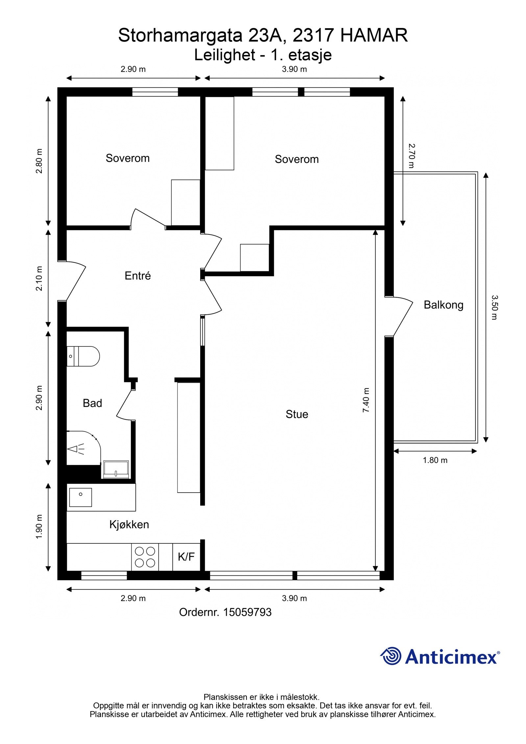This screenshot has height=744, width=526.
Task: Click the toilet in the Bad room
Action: pyautogui.click(x=83, y=356)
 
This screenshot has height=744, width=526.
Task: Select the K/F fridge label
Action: pyautogui.click(x=186, y=557)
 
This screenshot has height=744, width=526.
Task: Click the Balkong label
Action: pyautogui.click(x=443, y=305)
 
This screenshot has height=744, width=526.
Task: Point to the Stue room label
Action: pyautogui.click(x=297, y=414)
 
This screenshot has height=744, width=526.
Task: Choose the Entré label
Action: pyautogui.click(x=137, y=276)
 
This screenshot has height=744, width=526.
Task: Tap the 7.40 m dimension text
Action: pyautogui.click(x=366, y=400)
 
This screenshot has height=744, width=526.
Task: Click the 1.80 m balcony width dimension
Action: pyautogui.click(x=435, y=460)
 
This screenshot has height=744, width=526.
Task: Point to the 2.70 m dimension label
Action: pyautogui.click(x=411, y=156)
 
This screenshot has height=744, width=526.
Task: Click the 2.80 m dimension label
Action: pyautogui.click(x=39, y=161)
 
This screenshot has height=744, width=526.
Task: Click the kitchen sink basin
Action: pyautogui.click(x=80, y=497)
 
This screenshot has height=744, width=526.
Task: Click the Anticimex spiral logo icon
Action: pyautogui.click(x=391, y=657)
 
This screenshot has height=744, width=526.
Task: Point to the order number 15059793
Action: pyautogui.click(x=248, y=612)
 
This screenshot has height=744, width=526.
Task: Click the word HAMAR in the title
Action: pyautogui.click(x=374, y=36)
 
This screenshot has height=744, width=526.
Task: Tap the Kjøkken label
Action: pyautogui.click(x=129, y=524)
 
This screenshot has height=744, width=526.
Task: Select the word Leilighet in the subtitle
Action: pyautogui.click(x=225, y=55)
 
